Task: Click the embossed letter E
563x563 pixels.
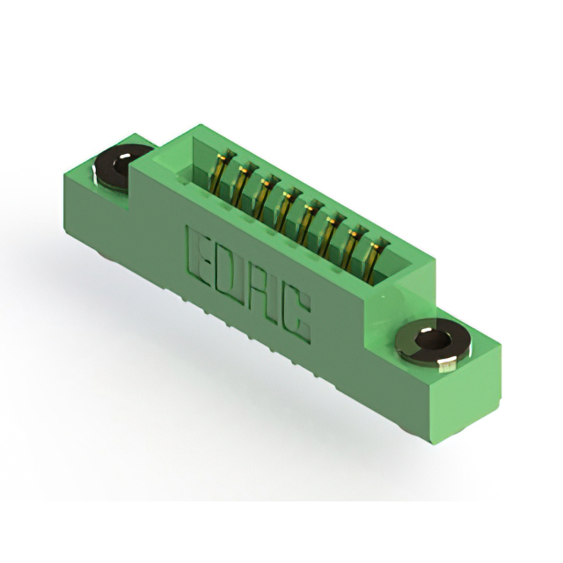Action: [198, 258]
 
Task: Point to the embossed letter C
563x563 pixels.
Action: [296, 315]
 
